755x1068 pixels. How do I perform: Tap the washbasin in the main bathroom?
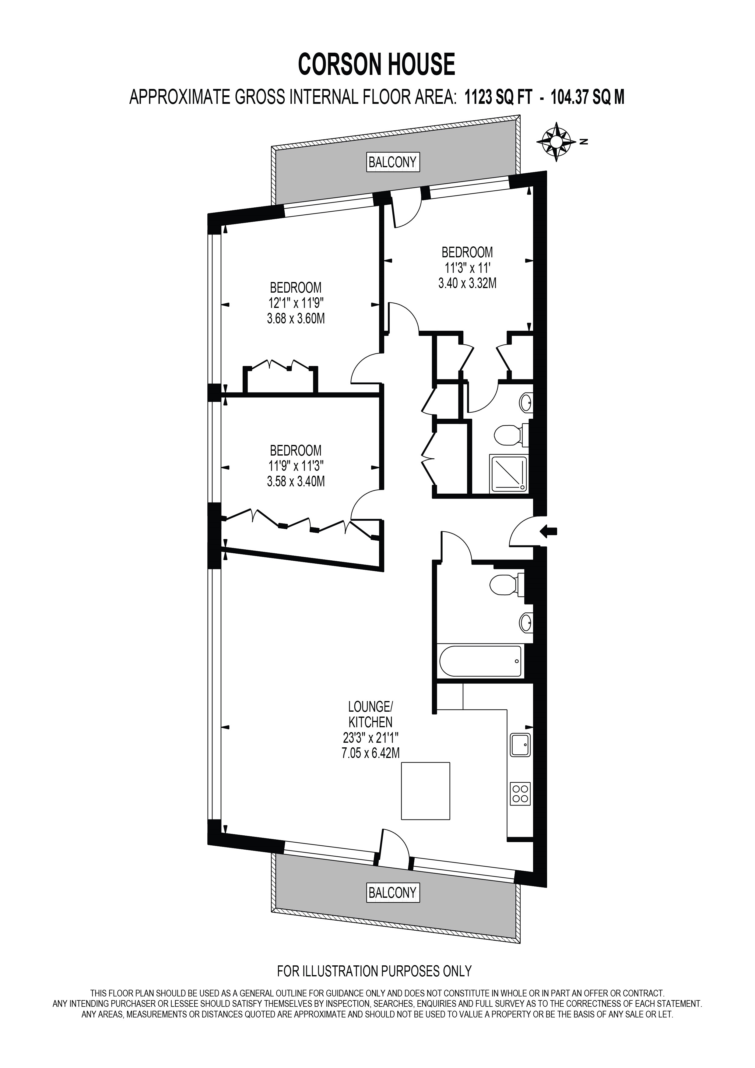click(526, 622)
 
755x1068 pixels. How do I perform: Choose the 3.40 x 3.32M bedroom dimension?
click(467, 283)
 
